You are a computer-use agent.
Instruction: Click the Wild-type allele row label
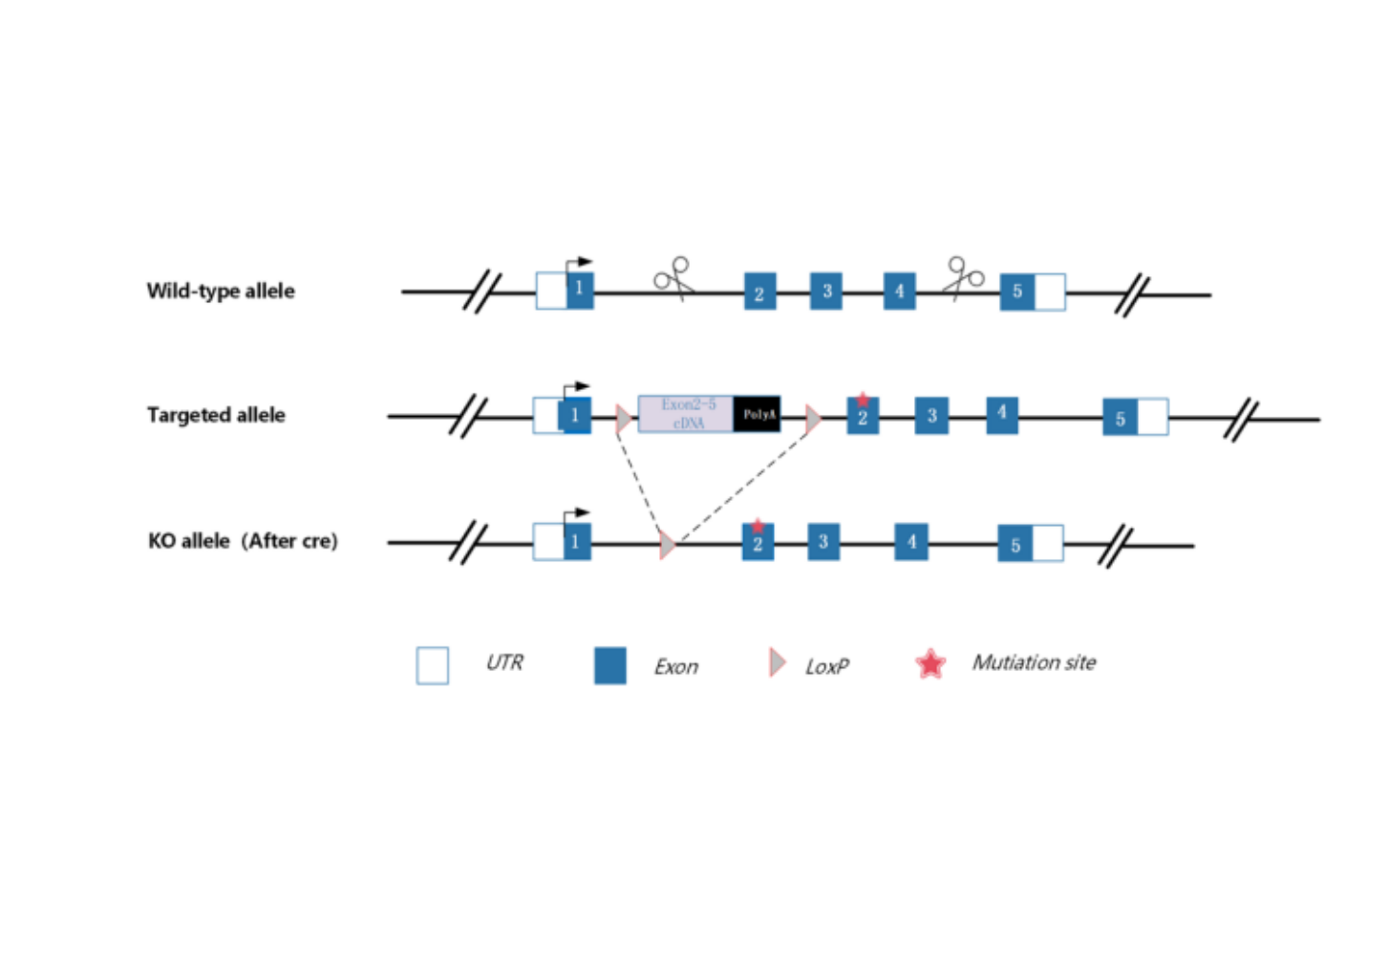(221, 291)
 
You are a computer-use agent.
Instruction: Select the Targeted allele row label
(216, 415)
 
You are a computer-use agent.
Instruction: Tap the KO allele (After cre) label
(243, 541)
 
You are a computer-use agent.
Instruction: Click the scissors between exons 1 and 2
(673, 277)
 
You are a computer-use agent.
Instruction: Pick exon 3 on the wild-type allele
(826, 292)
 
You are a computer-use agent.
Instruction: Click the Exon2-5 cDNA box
(687, 414)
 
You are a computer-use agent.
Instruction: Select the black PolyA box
(758, 414)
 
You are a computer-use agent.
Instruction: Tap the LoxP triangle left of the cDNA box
(623, 418)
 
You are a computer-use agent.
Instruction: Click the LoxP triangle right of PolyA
(813, 418)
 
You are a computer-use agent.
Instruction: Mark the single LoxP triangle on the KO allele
(667, 545)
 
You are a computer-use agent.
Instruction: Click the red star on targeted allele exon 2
(863, 400)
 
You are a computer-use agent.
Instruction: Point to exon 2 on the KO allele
(758, 544)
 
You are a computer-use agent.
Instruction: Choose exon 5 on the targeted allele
(1121, 418)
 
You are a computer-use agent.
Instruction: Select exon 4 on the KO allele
(911, 542)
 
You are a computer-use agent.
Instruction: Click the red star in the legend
(930, 663)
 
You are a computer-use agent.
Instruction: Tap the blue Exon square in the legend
(610, 665)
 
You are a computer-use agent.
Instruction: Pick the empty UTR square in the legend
(433, 665)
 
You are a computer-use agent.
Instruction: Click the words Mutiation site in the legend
(1034, 662)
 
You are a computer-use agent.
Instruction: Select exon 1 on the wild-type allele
(580, 290)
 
